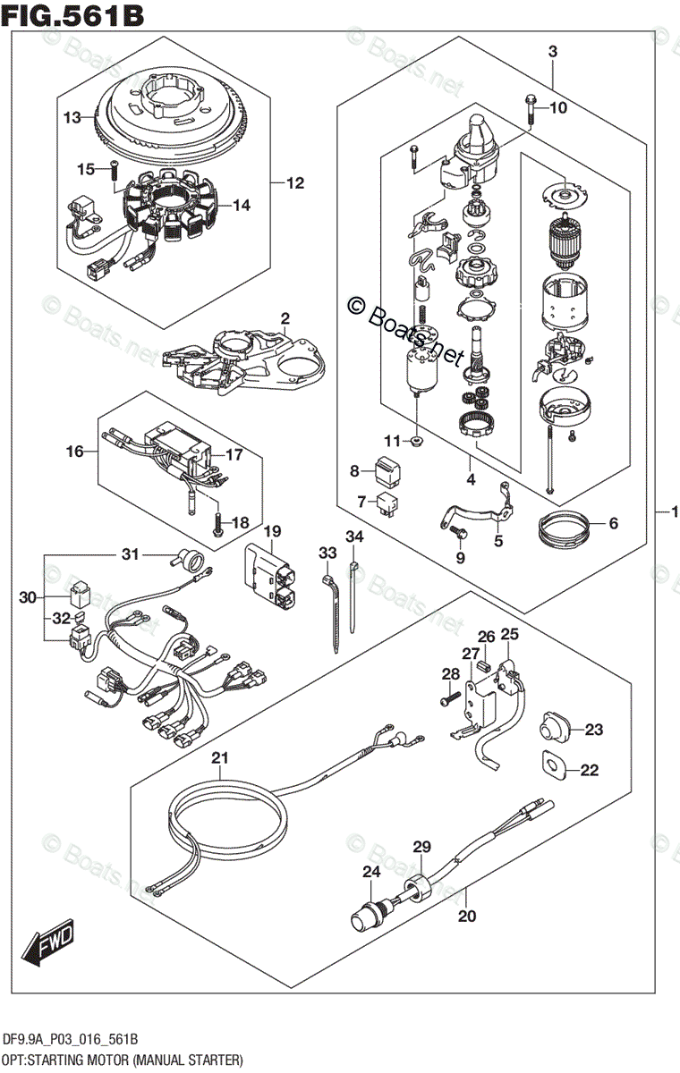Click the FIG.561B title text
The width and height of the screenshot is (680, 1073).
(x=73, y=15)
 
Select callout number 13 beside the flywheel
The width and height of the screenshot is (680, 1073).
(x=72, y=117)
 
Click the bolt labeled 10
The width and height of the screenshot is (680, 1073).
(x=529, y=108)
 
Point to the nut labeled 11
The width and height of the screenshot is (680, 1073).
(x=417, y=441)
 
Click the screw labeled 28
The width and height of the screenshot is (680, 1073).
(x=448, y=701)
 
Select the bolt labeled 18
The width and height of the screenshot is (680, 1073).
(x=216, y=524)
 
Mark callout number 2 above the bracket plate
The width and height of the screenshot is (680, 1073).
(x=285, y=319)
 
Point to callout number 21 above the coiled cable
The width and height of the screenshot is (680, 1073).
(x=220, y=758)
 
